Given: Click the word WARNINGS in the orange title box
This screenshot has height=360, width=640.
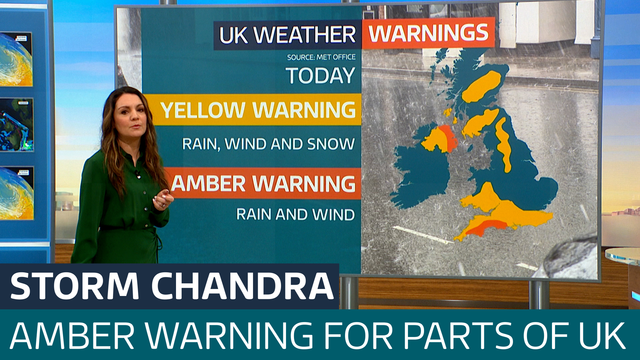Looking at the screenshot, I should (x=428, y=33).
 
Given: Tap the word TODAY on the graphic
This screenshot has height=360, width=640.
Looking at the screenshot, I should (x=320, y=75).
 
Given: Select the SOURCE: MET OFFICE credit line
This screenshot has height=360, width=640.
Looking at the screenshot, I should (x=321, y=57).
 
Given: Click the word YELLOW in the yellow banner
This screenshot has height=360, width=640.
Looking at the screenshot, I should (x=202, y=110).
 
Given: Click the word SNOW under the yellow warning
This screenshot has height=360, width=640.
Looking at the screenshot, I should (x=331, y=144).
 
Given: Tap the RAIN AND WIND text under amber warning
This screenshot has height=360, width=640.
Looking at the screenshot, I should (x=295, y=214).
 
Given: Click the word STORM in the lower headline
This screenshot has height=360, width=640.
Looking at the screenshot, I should (x=74, y=286).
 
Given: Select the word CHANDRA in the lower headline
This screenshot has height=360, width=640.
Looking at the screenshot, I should (x=242, y=286).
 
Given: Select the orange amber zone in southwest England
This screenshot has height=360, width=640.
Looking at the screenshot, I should (x=487, y=227).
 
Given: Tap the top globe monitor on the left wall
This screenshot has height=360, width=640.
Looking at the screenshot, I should (x=16, y=59).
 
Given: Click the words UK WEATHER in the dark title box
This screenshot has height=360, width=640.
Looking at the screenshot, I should (x=287, y=35).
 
